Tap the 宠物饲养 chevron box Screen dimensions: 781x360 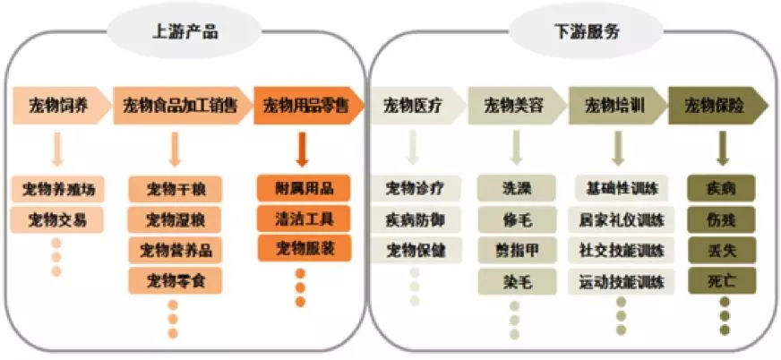59,106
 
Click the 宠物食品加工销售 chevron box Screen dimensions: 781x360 180,106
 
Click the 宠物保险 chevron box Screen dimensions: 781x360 717,106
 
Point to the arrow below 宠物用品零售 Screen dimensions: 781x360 302,150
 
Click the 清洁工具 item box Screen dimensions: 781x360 301,218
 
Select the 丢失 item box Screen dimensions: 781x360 721,250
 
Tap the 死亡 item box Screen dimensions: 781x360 721,281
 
